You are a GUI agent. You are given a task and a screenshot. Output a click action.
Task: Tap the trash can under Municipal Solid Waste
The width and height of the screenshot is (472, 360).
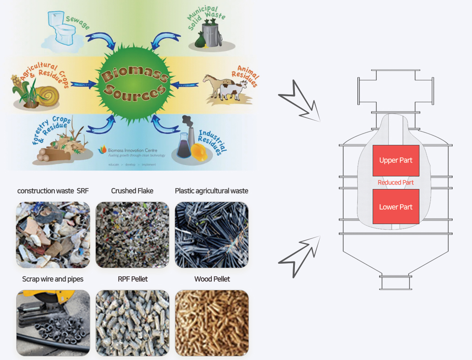pos(209,35)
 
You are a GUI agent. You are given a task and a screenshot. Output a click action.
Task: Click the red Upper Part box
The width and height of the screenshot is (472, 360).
pos(396,161)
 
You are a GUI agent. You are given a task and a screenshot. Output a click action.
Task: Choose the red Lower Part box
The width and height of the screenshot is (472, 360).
pos(396,207)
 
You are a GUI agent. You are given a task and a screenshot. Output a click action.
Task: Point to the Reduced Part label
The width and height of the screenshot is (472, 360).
pos(396,183)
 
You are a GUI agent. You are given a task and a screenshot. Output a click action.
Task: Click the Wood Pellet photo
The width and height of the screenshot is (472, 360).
pos(212,324)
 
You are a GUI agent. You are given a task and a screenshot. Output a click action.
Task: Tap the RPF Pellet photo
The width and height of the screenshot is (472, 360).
pos(133,324)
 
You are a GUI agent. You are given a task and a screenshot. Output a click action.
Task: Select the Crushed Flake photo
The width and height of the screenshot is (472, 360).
pos(133,234)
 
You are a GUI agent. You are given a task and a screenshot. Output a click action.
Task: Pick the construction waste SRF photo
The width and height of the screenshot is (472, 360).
pos(53,234)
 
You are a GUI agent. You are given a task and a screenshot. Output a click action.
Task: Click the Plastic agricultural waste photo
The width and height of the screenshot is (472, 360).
pos(212,234)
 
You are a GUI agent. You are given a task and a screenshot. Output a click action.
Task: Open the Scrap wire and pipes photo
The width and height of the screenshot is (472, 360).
pos(53,324)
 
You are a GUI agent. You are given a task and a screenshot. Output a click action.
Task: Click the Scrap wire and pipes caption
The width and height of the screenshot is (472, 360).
pos(53,279)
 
